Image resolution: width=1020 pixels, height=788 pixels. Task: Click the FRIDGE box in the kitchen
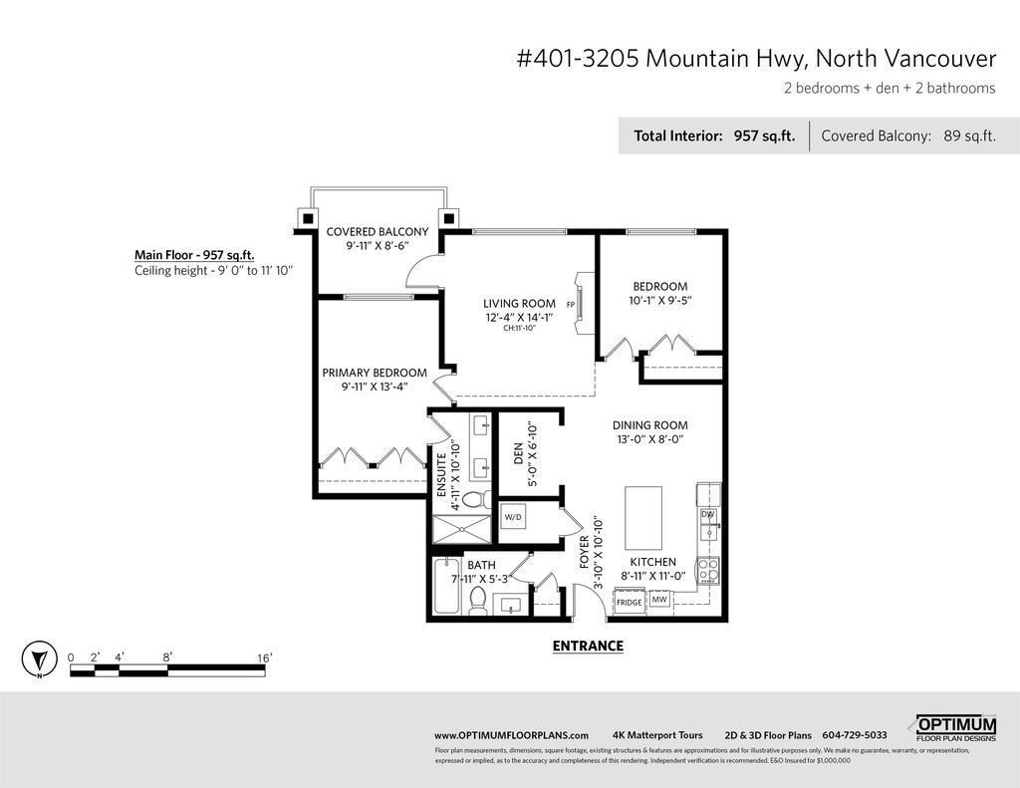pos(629,602)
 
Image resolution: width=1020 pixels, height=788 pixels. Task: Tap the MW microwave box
pos(659,601)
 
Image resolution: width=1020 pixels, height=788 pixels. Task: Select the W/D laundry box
pos(514,518)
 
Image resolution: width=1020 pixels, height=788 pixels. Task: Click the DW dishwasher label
pos(707,514)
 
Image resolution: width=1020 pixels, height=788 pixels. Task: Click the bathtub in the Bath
pos(444,588)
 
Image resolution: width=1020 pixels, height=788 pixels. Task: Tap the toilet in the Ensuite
pos(475,498)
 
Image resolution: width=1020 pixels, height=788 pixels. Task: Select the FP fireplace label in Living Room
pos(571,304)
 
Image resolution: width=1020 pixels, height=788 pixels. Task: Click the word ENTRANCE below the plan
pos(588,647)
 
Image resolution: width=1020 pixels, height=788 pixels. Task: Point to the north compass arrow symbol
pos(38,660)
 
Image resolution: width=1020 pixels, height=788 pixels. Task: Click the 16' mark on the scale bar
pos(264,657)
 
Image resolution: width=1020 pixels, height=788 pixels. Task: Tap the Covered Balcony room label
pos(378,232)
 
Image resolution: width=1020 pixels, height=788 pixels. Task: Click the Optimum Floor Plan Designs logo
pos(955,727)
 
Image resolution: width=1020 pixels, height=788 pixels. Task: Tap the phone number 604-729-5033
pos(855,735)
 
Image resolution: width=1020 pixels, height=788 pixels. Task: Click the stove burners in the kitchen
pos(706,570)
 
